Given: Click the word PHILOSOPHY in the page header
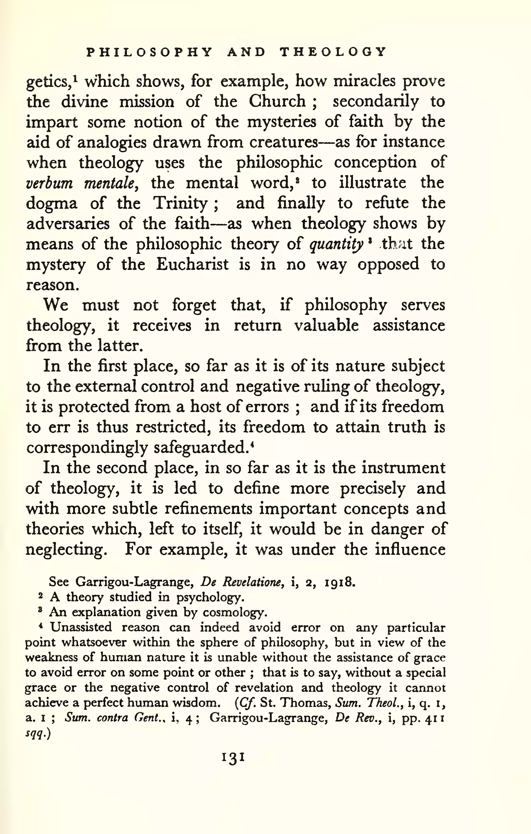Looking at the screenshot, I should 149,52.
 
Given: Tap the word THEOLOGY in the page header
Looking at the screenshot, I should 332,52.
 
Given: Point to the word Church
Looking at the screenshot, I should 277,101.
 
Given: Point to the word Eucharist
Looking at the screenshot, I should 192,265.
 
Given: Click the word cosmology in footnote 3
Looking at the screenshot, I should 235,613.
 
